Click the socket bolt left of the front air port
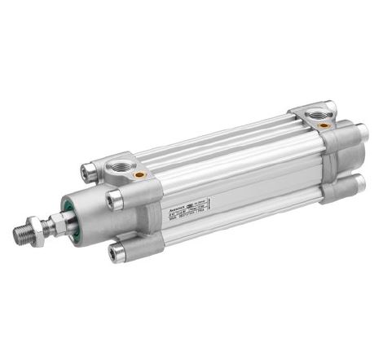point(89,172)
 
